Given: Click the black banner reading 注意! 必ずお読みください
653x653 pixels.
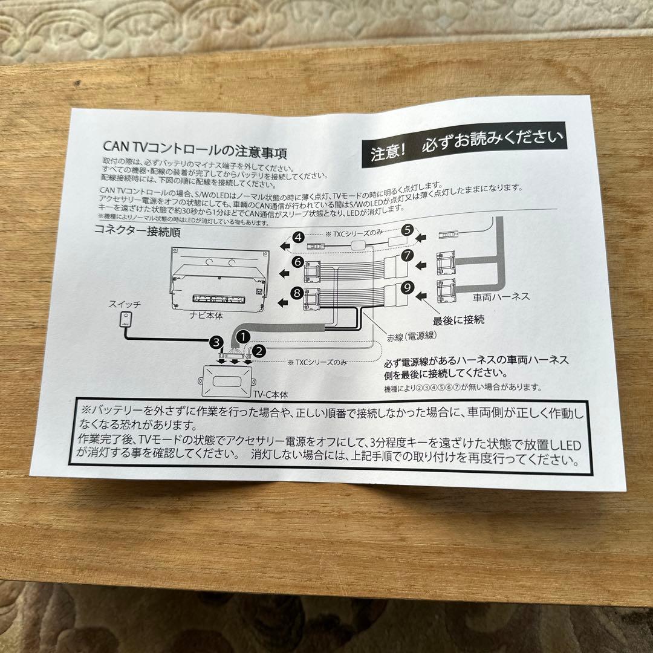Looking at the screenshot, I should point(467,145).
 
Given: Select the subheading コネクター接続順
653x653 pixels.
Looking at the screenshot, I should point(137,231).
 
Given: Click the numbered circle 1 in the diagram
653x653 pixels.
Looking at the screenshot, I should point(242,334).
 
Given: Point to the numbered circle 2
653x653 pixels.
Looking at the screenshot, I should point(259,349).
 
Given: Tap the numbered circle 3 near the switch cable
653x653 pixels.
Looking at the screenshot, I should point(214,342).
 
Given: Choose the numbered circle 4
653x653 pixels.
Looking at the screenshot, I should point(298,237).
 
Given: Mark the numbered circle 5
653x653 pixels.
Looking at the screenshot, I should point(408,229).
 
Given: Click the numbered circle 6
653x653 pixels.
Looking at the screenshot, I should point(297,262).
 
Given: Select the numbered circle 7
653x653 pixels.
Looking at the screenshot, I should point(408,255).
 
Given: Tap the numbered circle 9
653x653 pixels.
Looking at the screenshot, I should point(408,288).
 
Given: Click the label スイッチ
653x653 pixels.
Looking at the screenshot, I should point(125,304).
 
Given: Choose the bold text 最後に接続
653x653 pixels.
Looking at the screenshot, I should point(458,319).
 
